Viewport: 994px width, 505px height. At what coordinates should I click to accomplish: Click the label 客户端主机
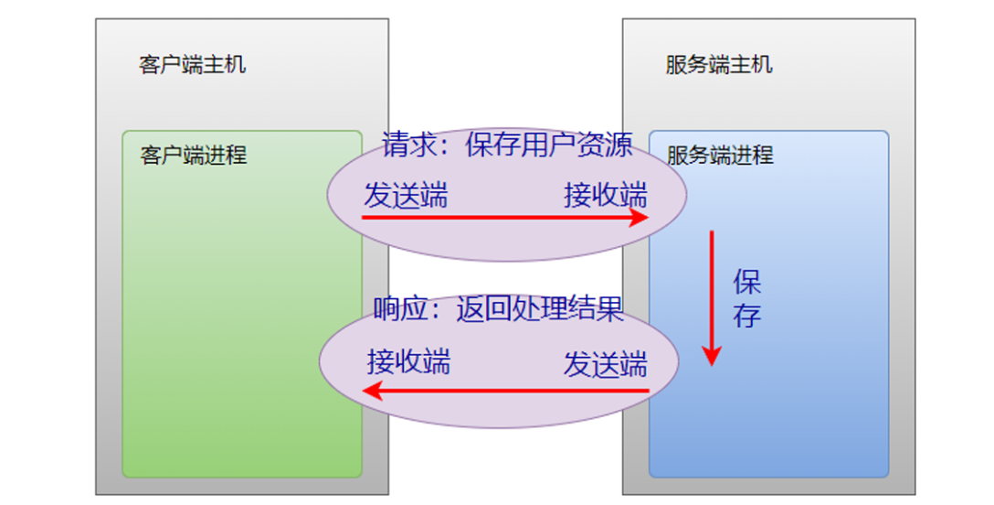[192, 66]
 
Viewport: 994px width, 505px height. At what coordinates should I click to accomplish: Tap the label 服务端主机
[719, 66]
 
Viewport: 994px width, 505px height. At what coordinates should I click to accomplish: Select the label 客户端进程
[194, 155]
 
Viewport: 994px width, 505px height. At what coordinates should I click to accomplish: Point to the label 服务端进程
[720, 155]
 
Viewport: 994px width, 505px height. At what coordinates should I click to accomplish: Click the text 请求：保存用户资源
[507, 145]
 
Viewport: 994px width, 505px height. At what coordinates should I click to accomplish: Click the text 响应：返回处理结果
[499, 309]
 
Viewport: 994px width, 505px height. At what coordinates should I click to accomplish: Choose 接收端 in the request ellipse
[606, 195]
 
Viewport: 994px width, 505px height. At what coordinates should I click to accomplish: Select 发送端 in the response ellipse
[606, 364]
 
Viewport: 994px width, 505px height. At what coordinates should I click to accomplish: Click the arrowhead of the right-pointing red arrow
[640, 218]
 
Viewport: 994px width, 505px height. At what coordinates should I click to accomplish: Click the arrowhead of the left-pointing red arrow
[372, 392]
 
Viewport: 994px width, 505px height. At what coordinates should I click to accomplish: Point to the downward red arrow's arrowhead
[712, 356]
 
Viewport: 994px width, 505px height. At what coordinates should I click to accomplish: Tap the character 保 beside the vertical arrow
[746, 282]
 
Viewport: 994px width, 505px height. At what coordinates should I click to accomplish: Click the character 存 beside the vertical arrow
[746, 316]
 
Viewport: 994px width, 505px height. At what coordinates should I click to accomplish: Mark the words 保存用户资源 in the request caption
[548, 145]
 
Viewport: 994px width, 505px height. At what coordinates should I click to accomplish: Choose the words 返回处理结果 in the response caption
[540, 309]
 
